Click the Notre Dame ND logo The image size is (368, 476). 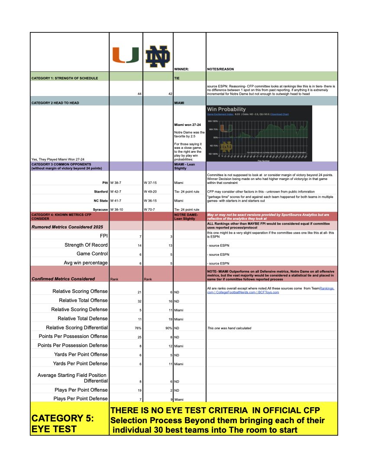(158, 57)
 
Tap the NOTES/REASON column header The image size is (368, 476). (223, 69)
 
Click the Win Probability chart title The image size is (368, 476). (226, 109)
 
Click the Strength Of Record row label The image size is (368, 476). (86, 245)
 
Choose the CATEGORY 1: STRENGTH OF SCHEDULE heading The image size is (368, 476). (65, 78)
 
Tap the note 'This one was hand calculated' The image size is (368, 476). (229, 328)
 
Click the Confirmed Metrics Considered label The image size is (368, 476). (63, 279)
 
